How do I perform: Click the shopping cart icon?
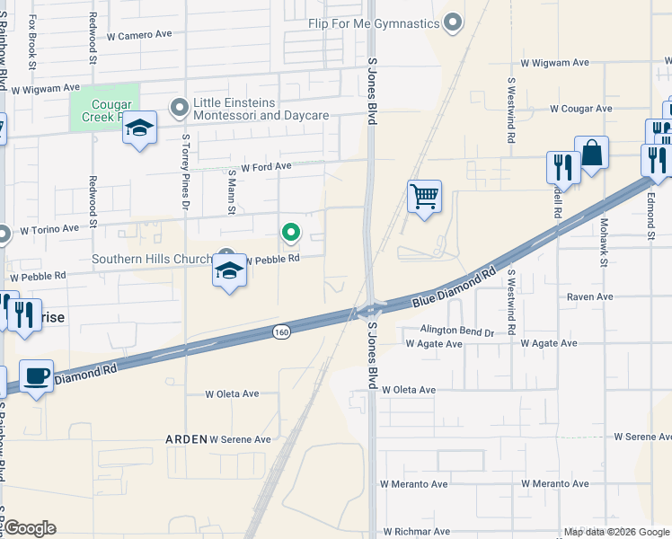point(424,196)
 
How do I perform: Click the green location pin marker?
point(291,234)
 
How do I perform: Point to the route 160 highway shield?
point(281,332)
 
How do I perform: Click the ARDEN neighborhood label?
point(186,439)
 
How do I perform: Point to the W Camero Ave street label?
point(138,35)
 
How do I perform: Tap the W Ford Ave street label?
point(260,166)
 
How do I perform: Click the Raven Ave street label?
point(589,296)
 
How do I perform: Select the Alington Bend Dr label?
point(450,331)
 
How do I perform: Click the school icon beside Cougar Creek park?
point(139,129)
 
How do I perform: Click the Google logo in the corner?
point(29,528)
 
